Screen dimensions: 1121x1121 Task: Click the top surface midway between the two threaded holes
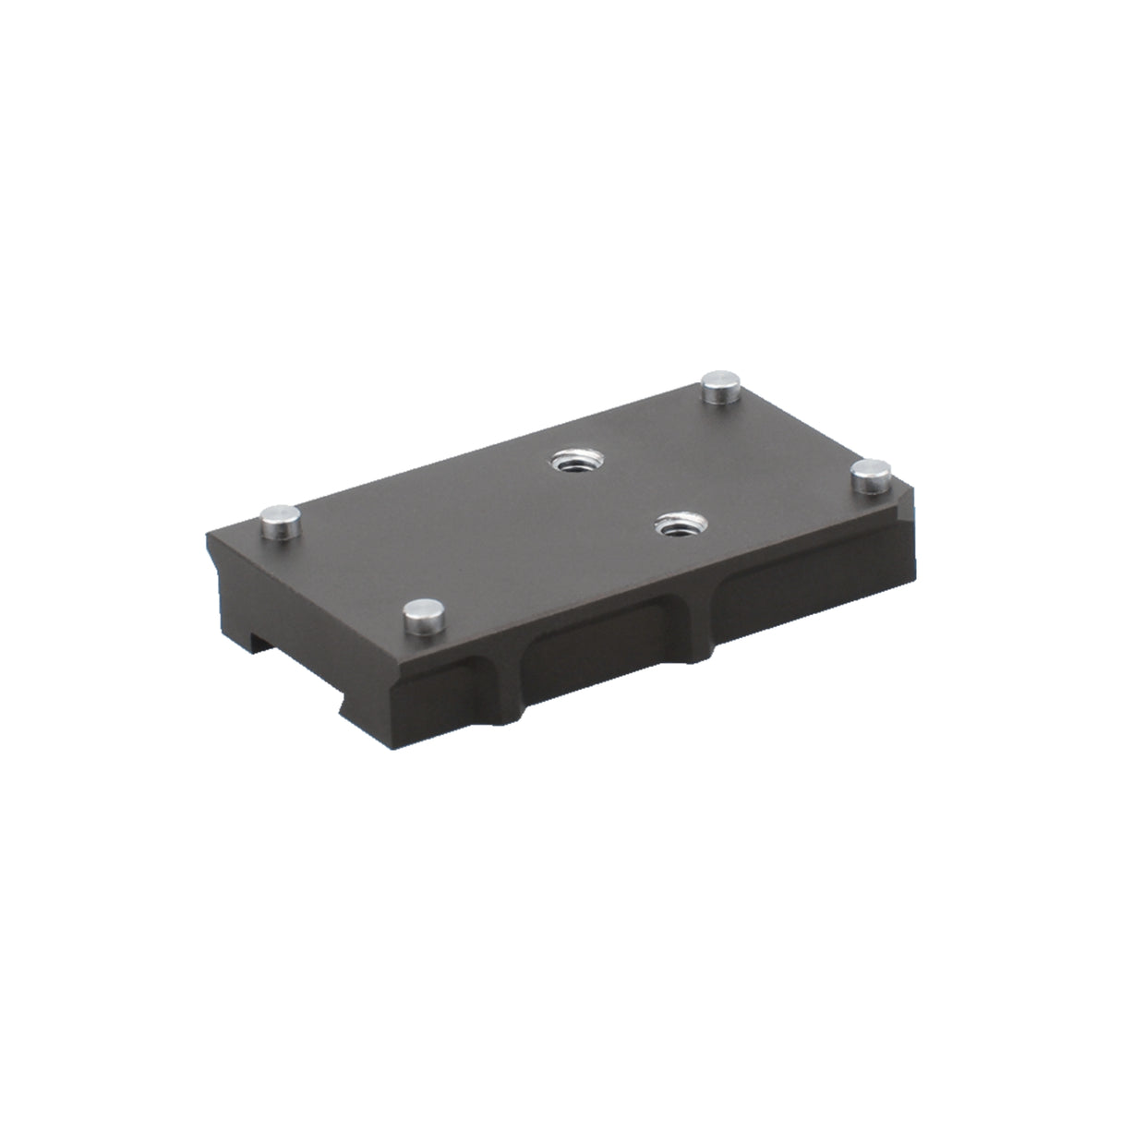click(622, 493)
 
